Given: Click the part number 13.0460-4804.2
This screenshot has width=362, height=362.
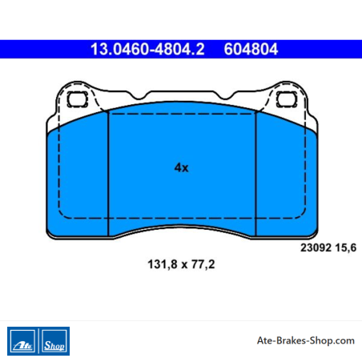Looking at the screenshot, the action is [147, 50].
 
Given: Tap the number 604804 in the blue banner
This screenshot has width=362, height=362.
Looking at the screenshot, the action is [251, 50].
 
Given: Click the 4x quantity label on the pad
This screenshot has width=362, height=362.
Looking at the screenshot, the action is [182, 167].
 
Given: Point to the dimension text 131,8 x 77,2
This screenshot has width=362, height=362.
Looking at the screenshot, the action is [181, 264].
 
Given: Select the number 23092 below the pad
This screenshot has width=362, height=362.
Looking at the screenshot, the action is [316, 247].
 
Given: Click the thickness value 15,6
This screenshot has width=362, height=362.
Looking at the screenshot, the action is [346, 248].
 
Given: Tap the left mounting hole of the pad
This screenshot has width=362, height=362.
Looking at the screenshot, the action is [78, 99].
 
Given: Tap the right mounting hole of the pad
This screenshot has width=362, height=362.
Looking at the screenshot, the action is [287, 99].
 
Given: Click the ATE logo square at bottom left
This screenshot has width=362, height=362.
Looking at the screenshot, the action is [22, 341].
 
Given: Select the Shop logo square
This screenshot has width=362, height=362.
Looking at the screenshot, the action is [54, 341].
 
